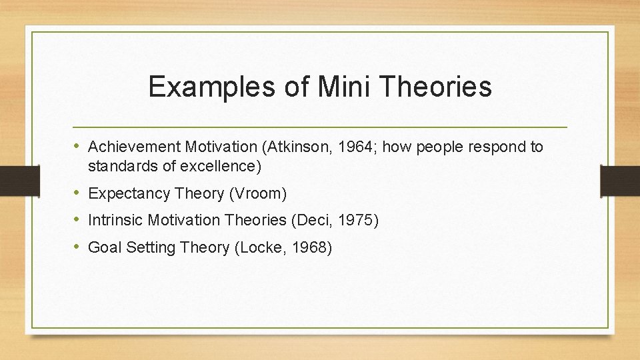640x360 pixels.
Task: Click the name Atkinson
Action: [x=297, y=147]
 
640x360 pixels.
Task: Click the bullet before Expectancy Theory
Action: [x=78, y=193]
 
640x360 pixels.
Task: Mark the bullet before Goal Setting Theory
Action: [x=78, y=247]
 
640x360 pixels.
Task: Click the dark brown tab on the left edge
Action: [x=12, y=181]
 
